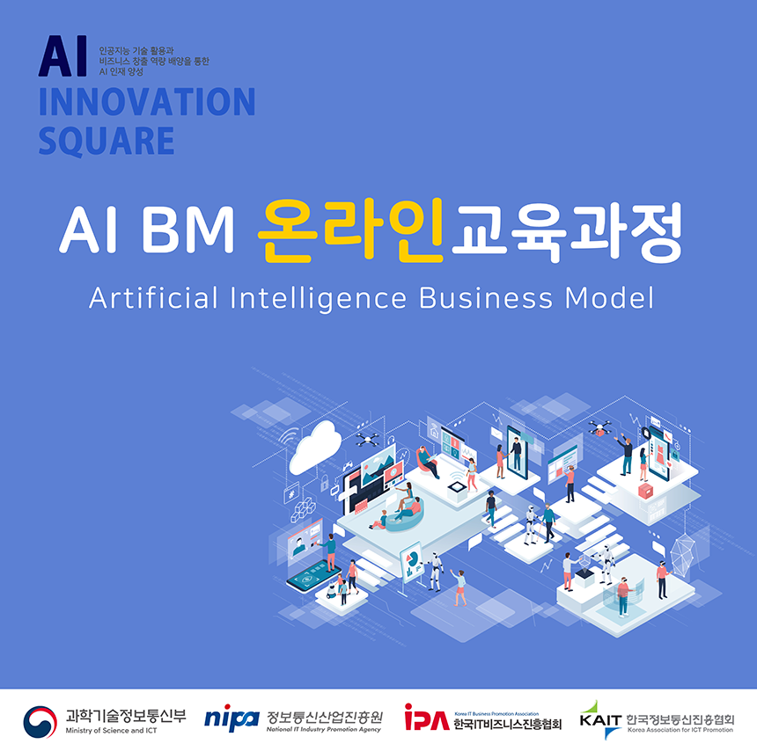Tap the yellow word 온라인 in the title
[350, 230]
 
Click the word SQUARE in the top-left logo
[107, 141]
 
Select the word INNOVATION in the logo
[147, 102]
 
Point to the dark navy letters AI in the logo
[62, 56]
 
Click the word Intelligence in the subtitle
[318, 299]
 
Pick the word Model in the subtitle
[609, 298]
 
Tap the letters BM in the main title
[187, 230]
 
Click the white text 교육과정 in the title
[567, 231]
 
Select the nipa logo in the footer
[232, 718]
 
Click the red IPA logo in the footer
[427, 718]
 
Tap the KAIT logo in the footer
[600, 719]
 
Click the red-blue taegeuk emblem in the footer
[40, 722]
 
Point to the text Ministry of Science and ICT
[112, 731]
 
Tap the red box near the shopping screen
[645, 491]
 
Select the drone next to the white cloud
[367, 439]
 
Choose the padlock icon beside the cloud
[325, 482]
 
